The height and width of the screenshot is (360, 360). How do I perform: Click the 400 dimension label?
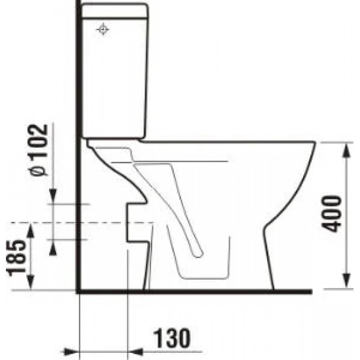(x=331, y=213)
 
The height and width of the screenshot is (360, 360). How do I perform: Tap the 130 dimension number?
(x=172, y=338)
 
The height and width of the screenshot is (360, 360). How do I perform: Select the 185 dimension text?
(x=16, y=258)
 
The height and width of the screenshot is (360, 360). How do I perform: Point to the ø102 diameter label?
(x=39, y=150)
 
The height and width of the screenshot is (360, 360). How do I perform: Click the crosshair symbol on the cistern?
(x=103, y=29)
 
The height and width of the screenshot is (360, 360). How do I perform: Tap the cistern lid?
(x=115, y=10)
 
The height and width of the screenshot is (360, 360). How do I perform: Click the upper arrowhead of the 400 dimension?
(x=346, y=151)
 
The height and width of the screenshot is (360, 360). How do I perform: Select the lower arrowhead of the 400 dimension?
(x=346, y=281)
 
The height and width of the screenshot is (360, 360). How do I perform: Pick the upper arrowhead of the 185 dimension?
(x=31, y=230)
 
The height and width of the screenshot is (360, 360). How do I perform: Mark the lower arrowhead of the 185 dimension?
(x=31, y=282)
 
